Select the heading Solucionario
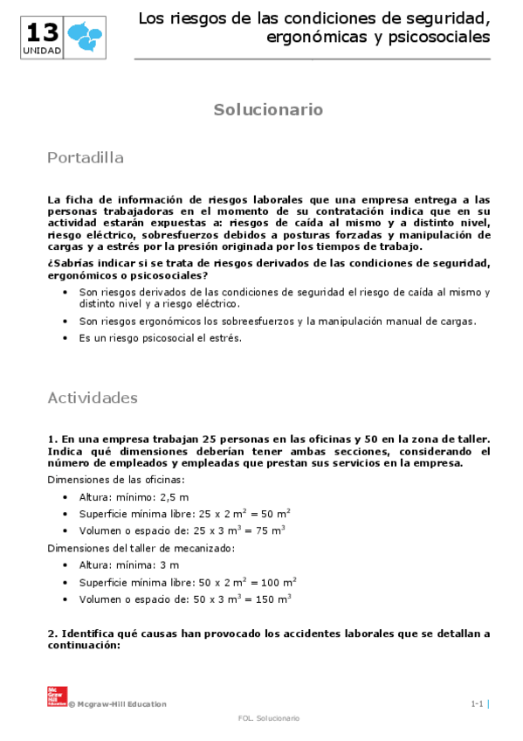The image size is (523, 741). [x=269, y=110]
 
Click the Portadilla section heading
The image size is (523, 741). [x=86, y=158]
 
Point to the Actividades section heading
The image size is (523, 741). [x=93, y=398]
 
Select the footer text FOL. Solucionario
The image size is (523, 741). [x=269, y=718]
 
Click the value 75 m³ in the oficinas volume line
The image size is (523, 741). [x=271, y=530]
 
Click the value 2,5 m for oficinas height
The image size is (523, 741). [x=169, y=496]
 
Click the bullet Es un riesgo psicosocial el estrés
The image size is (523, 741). [x=161, y=338]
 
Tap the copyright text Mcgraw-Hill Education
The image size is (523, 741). [x=120, y=704]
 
